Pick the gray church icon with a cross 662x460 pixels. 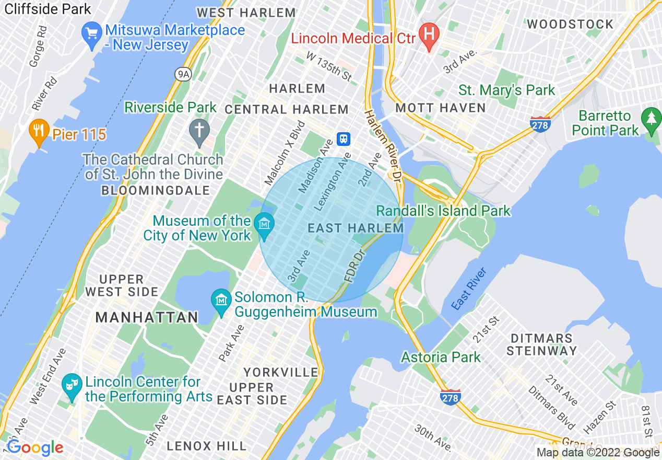click(x=199, y=132)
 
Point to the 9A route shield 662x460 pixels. click(x=183, y=75)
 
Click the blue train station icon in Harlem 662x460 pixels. click(x=344, y=139)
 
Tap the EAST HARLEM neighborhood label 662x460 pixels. click(x=356, y=228)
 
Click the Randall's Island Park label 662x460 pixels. click(x=443, y=211)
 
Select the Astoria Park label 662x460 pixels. click(x=441, y=358)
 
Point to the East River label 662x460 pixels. click(x=469, y=289)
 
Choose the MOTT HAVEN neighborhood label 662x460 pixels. click(x=441, y=108)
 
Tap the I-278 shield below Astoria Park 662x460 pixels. click(x=450, y=398)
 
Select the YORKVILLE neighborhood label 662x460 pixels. click(x=281, y=373)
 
